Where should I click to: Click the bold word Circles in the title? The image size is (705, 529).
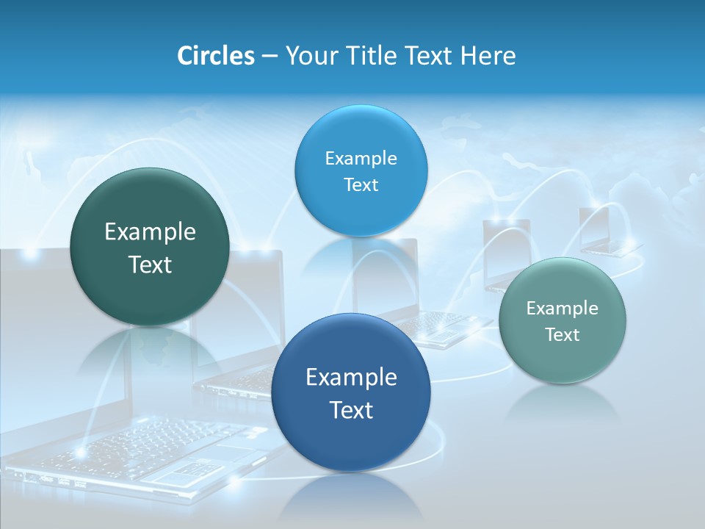coord(215,56)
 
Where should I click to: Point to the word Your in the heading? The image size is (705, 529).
coord(309,56)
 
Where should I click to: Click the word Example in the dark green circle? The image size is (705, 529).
coord(150,232)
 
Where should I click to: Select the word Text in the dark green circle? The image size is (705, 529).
coord(150,264)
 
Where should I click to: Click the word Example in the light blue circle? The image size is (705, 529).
coord(361,158)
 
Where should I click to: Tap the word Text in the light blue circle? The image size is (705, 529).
coord(361,184)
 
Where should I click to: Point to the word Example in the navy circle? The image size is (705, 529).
coord(351,378)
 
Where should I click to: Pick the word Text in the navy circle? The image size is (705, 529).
coord(351,410)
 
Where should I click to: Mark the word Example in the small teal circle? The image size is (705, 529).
coord(563,308)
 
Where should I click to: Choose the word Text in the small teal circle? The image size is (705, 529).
coord(563,334)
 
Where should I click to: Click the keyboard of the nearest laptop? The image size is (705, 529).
coord(147,445)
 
